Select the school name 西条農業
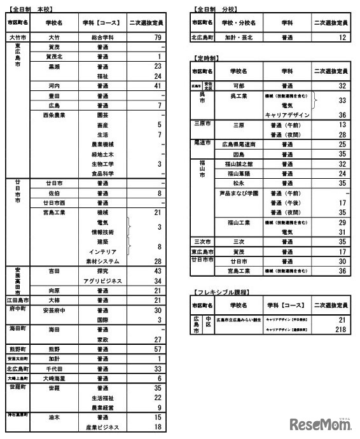[54, 115]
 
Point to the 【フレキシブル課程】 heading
[220, 291]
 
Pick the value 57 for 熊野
[156, 349]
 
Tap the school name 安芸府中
[54, 310]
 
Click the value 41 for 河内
[156, 85]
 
